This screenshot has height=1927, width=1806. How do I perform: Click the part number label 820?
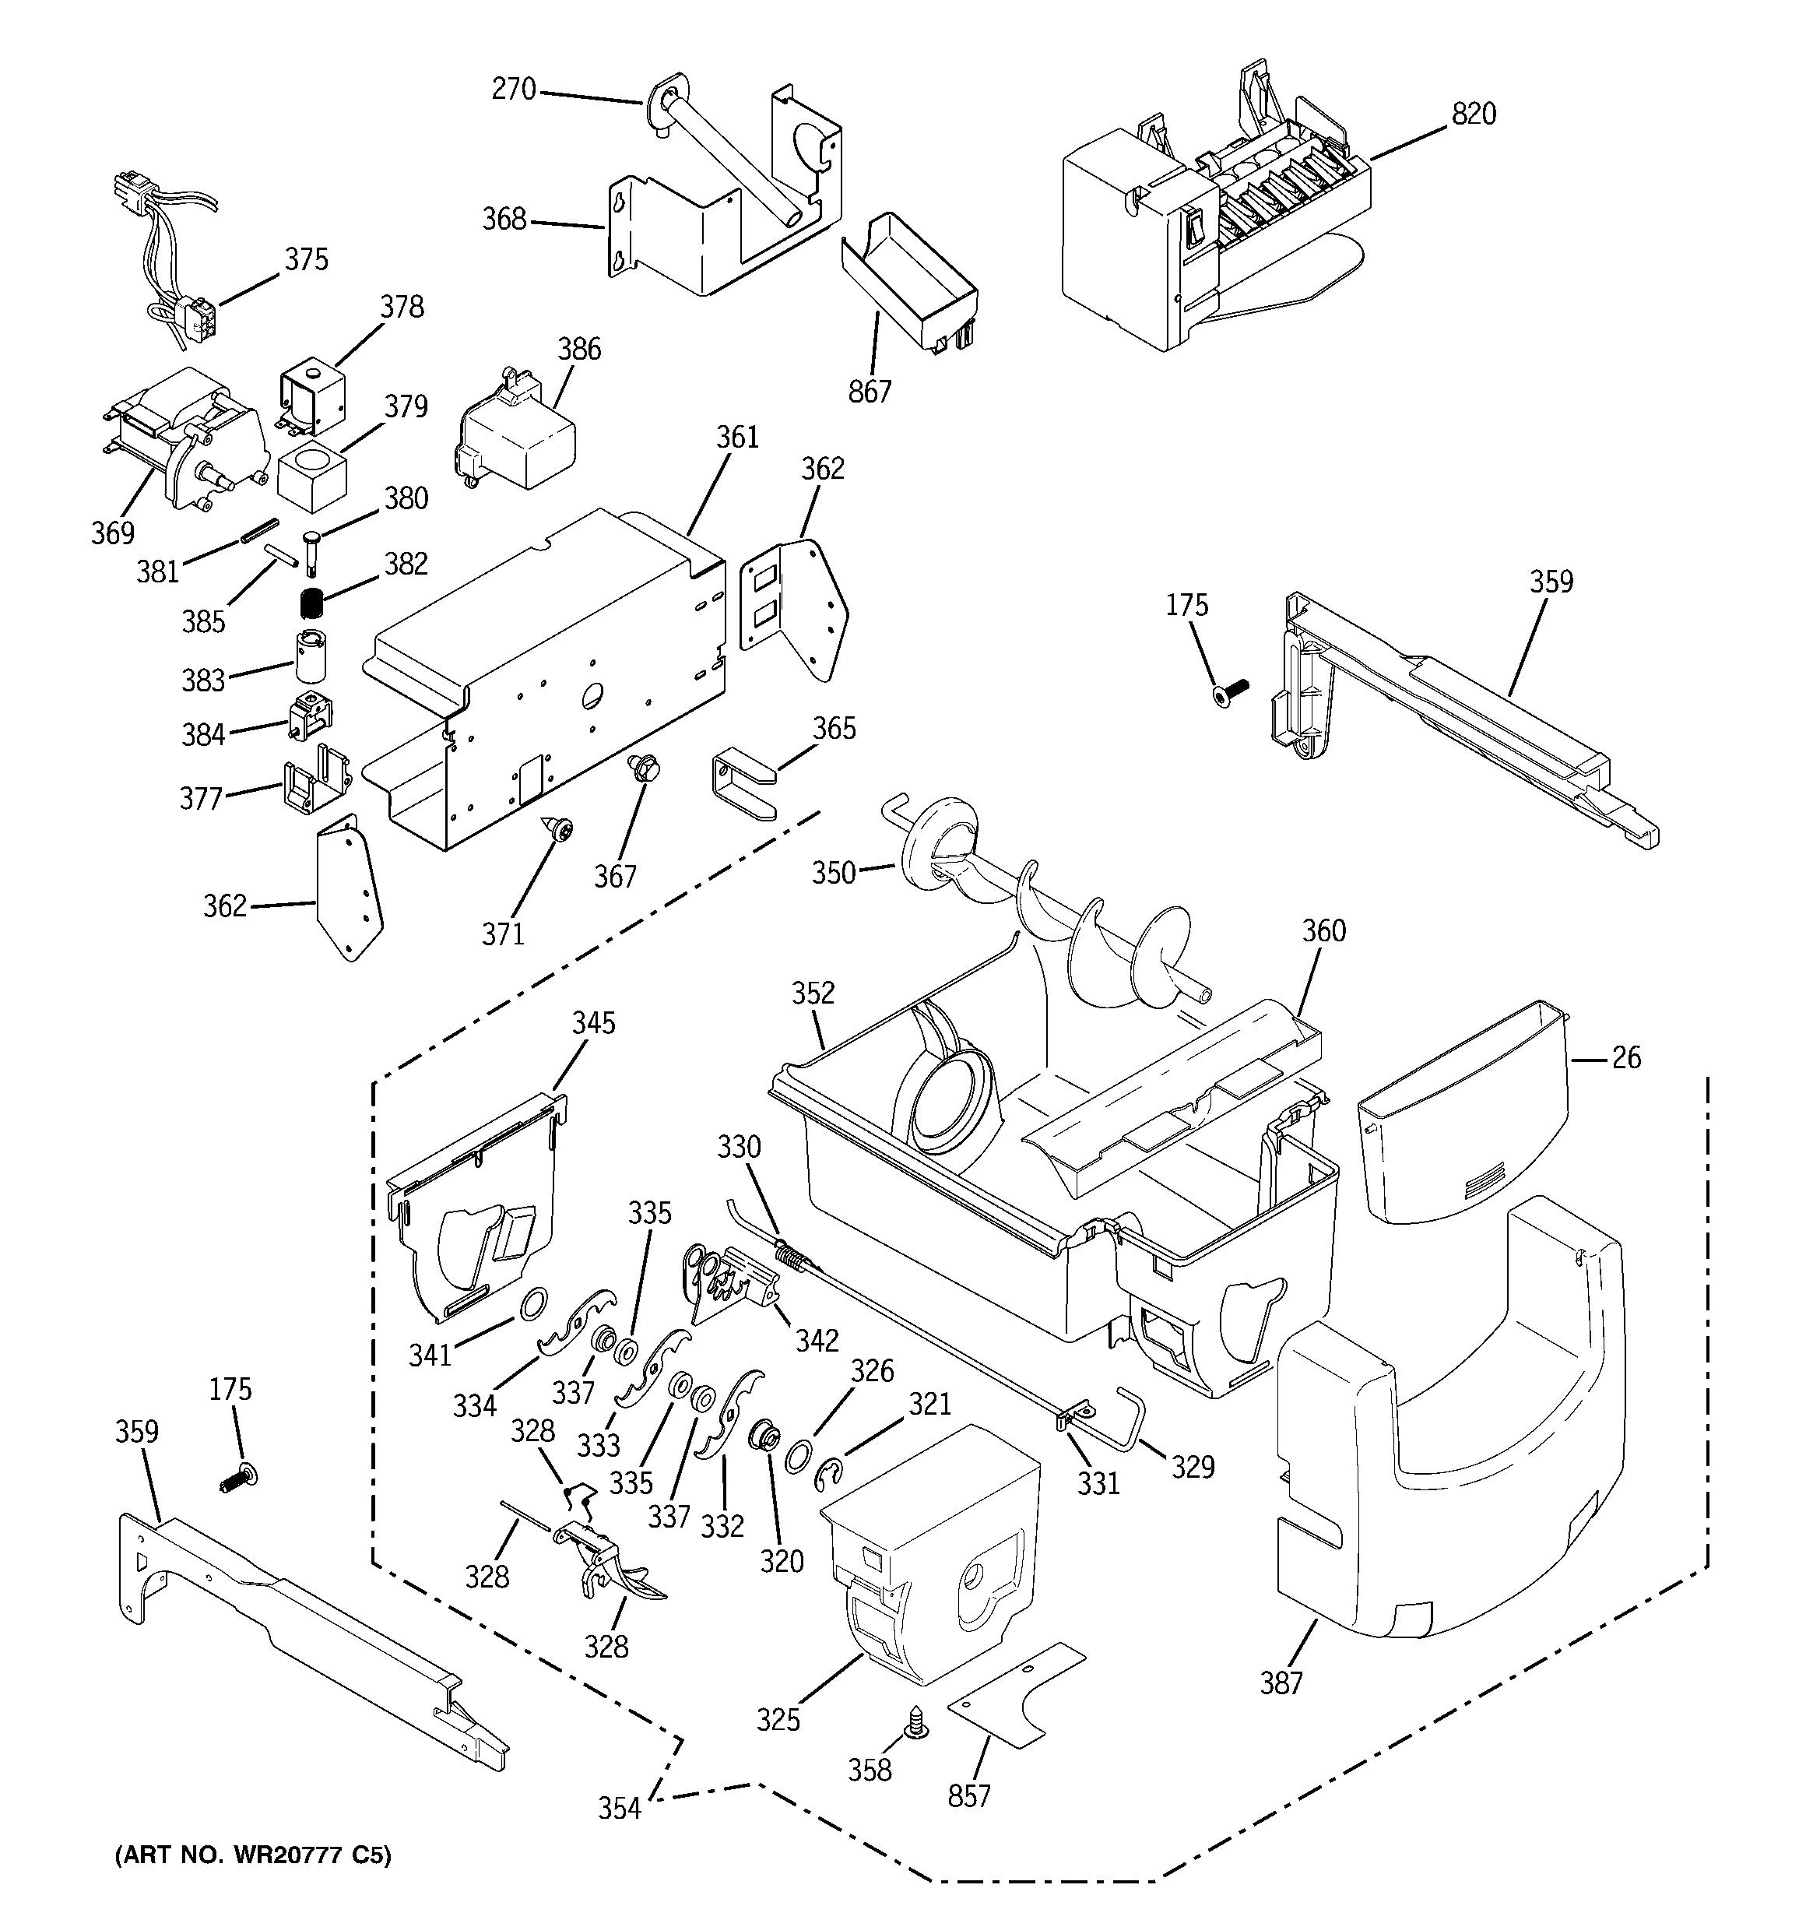coord(1473,114)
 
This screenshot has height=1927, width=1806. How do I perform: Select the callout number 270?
coord(513,90)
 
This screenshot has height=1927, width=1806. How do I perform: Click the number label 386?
coord(578,349)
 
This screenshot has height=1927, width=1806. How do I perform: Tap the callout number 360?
coord(1323,930)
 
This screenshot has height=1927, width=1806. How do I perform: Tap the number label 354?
coord(619,1809)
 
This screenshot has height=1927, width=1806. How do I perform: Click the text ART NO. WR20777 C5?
coord(253,1856)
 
